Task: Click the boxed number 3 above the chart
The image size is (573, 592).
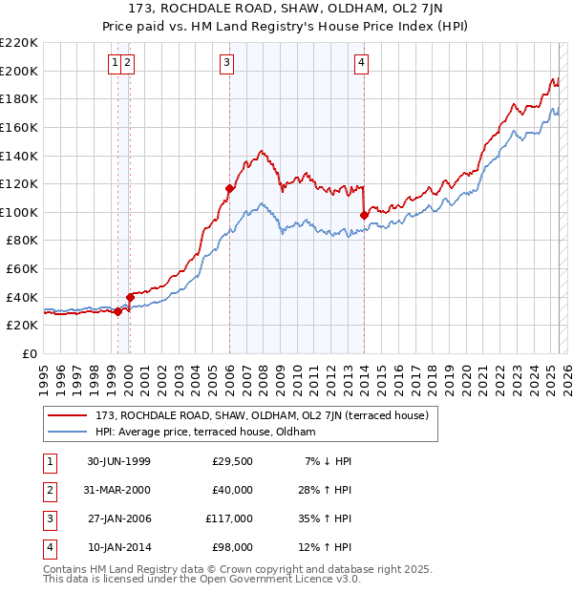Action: [227, 64]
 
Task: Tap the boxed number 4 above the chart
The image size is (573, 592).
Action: [362, 64]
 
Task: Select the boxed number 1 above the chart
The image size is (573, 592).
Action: [115, 64]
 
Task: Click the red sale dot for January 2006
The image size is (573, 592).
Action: [229, 188]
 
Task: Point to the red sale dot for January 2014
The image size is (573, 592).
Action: [364, 215]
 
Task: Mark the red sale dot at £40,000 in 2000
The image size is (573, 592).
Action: [130, 297]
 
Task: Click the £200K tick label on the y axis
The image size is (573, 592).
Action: [19, 71]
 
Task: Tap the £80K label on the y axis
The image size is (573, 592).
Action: [22, 241]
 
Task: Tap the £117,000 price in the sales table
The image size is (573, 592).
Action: [228, 518]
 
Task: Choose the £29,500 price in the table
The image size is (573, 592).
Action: [232, 461]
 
